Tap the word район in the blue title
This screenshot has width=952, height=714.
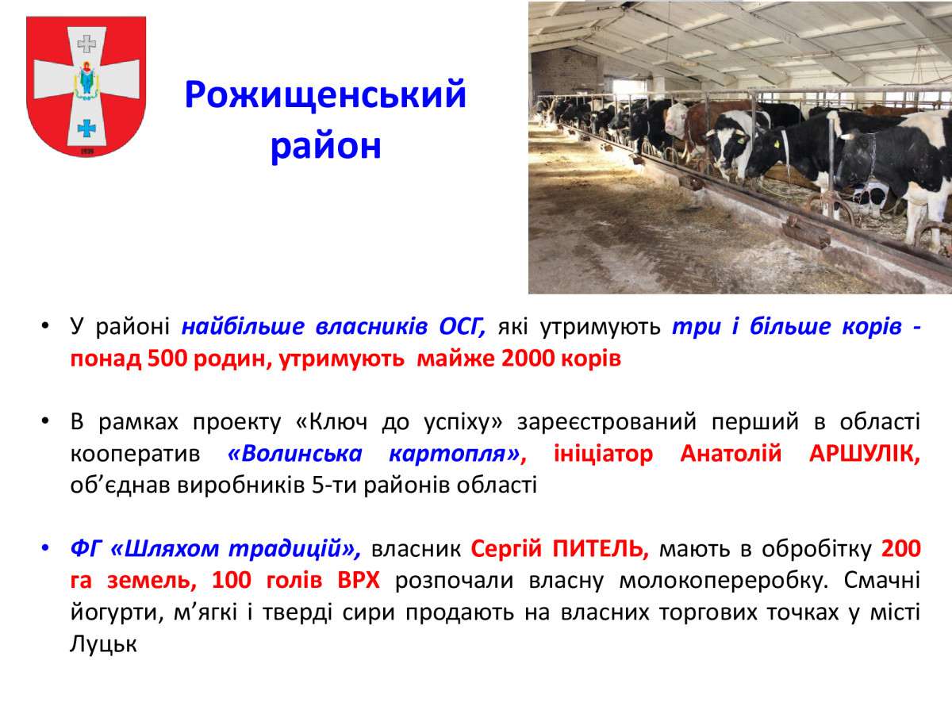click(326, 147)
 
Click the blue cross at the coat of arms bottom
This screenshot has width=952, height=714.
click(86, 129)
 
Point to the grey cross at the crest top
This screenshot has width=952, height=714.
click(86, 44)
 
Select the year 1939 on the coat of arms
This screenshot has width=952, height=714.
click(87, 152)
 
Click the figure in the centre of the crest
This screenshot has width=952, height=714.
click(86, 81)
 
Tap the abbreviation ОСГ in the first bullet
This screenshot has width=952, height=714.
click(462, 326)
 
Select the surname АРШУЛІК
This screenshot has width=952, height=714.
click(865, 454)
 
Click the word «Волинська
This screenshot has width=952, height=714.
click(295, 454)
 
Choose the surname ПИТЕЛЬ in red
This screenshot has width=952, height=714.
click(601, 549)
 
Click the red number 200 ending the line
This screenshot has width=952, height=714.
click(900, 549)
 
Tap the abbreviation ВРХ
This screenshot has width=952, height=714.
click(359, 580)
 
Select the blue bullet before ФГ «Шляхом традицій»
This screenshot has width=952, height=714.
click(45, 548)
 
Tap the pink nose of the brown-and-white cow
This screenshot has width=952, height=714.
click(670, 128)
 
